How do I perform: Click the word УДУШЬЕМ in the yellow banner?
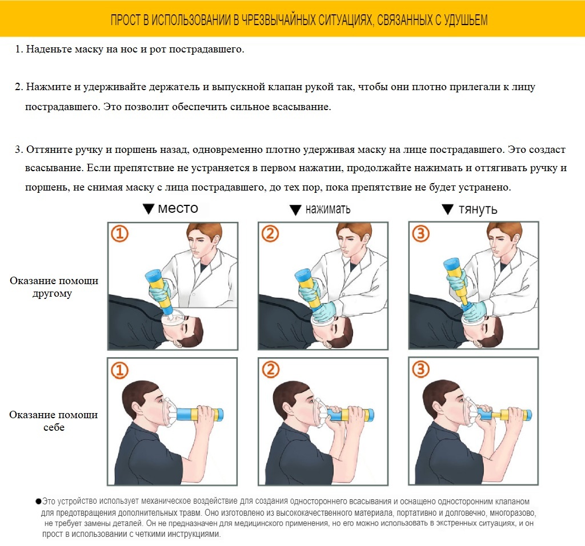pyautogui.click(x=466, y=20)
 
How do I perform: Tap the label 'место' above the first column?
pyautogui.click(x=178, y=208)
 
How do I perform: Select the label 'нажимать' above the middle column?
pyautogui.click(x=328, y=209)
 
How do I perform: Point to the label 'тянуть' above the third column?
pyautogui.click(x=478, y=209)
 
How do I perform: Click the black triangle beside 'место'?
pyautogui.click(x=149, y=209)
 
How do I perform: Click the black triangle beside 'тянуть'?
pyautogui.click(x=447, y=209)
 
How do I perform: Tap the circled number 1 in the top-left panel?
pyautogui.click(x=120, y=234)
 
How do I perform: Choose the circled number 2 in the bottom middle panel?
pyautogui.click(x=270, y=369)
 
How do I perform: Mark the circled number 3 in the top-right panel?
pyautogui.click(x=421, y=234)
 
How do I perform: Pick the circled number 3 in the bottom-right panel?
pyautogui.click(x=421, y=369)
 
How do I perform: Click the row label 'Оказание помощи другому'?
pyautogui.click(x=54, y=286)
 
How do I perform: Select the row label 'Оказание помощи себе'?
pyautogui.click(x=53, y=421)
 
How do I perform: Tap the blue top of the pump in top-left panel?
pyautogui.click(x=153, y=276)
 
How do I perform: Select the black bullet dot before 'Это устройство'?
pyautogui.click(x=38, y=501)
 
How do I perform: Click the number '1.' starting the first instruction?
pyautogui.click(x=19, y=49)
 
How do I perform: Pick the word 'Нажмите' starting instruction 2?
pyautogui.click(x=49, y=87)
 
